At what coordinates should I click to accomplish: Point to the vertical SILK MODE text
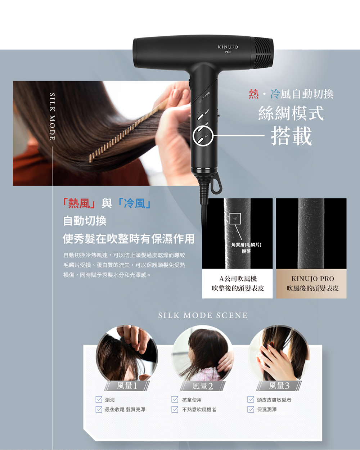52,116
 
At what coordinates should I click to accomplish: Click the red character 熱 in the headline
254,94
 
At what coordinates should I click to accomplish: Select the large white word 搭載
291,136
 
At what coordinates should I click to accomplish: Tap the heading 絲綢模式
291,113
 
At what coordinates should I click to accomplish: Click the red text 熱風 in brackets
79,203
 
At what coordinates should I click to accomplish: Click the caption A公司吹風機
238,279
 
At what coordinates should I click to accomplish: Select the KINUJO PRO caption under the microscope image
312,279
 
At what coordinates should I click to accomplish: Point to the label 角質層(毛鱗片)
246,245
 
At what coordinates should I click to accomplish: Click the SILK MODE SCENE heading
203,315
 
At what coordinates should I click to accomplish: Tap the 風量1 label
127,386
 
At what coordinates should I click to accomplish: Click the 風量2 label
202,386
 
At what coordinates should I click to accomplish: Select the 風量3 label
279,386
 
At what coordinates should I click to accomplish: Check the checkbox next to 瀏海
99,400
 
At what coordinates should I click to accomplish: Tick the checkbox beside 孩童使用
175,400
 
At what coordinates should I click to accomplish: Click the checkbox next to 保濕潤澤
251,409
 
